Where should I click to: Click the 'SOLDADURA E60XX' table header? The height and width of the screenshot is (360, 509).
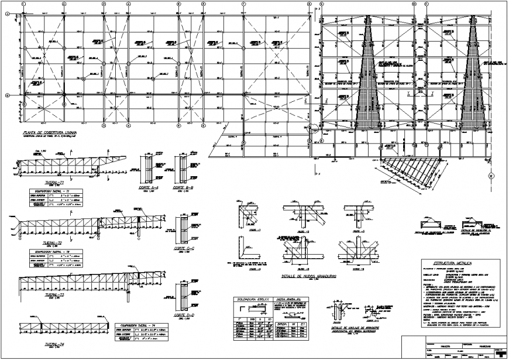coord(248,299)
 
